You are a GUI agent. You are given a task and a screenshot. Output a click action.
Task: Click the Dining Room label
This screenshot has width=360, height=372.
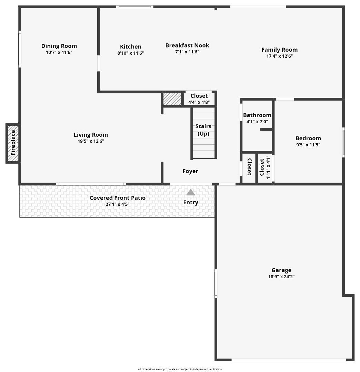click(x=59, y=46)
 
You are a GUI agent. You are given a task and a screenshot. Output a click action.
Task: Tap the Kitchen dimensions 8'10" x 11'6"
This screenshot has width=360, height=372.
click(x=130, y=53)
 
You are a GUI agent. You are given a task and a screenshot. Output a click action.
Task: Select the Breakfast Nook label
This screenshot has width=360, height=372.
click(x=187, y=45)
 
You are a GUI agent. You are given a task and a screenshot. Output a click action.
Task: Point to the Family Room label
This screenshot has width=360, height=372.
click(x=279, y=50)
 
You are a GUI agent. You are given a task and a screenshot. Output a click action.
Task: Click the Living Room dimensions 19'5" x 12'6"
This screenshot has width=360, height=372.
click(x=91, y=141)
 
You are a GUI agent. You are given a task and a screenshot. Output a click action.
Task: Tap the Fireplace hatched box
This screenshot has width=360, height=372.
click(x=13, y=143)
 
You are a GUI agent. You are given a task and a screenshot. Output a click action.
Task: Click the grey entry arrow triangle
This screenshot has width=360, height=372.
click(x=191, y=192)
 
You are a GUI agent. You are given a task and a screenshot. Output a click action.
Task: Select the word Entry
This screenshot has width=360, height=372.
click(x=191, y=203)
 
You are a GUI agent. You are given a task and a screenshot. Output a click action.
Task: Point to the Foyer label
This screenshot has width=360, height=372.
click(x=190, y=171)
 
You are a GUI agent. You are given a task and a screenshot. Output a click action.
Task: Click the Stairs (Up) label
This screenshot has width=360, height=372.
click(x=203, y=130)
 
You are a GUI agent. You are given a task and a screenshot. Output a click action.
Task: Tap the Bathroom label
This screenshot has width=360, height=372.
click(x=257, y=115)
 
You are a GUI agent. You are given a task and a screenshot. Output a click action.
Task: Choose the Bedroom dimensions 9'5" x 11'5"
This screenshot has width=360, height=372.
click(x=308, y=145)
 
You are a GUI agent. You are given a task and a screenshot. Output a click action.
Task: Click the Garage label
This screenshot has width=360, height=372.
click(x=281, y=270)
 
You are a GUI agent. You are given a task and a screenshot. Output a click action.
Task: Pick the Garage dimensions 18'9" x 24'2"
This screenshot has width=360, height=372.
click(x=281, y=277)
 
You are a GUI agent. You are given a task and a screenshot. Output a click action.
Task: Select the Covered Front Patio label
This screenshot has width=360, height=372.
click(x=118, y=198)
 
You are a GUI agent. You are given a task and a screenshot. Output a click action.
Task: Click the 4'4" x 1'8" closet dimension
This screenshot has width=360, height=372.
click(x=199, y=102)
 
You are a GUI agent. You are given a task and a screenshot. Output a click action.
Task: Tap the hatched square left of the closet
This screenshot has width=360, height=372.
click(x=172, y=99)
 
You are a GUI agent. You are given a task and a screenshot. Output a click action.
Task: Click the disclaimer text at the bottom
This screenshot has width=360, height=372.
click(x=180, y=369)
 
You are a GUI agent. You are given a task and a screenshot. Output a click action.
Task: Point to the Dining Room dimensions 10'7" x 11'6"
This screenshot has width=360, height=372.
click(x=59, y=52)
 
